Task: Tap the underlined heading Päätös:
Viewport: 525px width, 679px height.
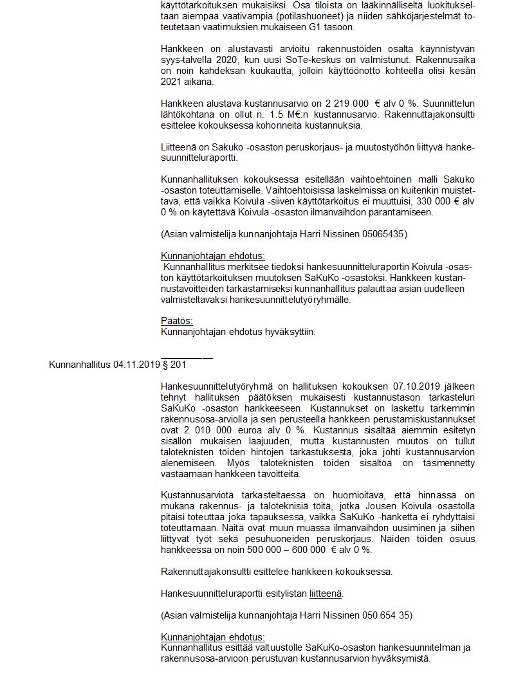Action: click(177, 321)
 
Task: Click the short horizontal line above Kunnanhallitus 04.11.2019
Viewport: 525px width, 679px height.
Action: click(187, 358)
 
